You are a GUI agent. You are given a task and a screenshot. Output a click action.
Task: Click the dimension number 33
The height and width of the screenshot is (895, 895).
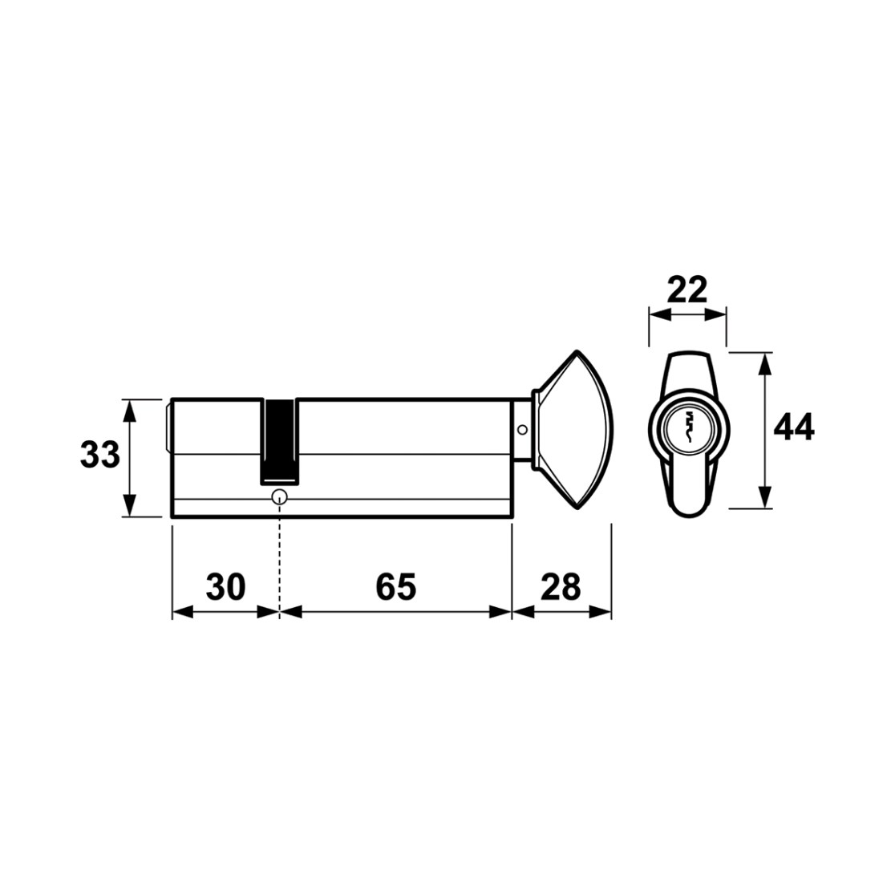[100, 455]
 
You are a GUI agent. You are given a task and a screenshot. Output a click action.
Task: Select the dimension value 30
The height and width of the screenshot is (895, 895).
[225, 586]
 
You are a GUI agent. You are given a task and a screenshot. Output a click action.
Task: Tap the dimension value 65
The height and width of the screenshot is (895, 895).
[396, 586]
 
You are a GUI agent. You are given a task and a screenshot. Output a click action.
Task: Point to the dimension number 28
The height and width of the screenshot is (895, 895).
[561, 586]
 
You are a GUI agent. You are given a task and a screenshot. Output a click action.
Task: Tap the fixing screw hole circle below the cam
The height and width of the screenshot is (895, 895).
[280, 496]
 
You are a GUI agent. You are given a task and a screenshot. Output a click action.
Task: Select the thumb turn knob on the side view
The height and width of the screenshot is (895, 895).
[573, 429]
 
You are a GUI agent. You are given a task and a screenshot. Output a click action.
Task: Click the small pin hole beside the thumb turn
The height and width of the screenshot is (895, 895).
[522, 430]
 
